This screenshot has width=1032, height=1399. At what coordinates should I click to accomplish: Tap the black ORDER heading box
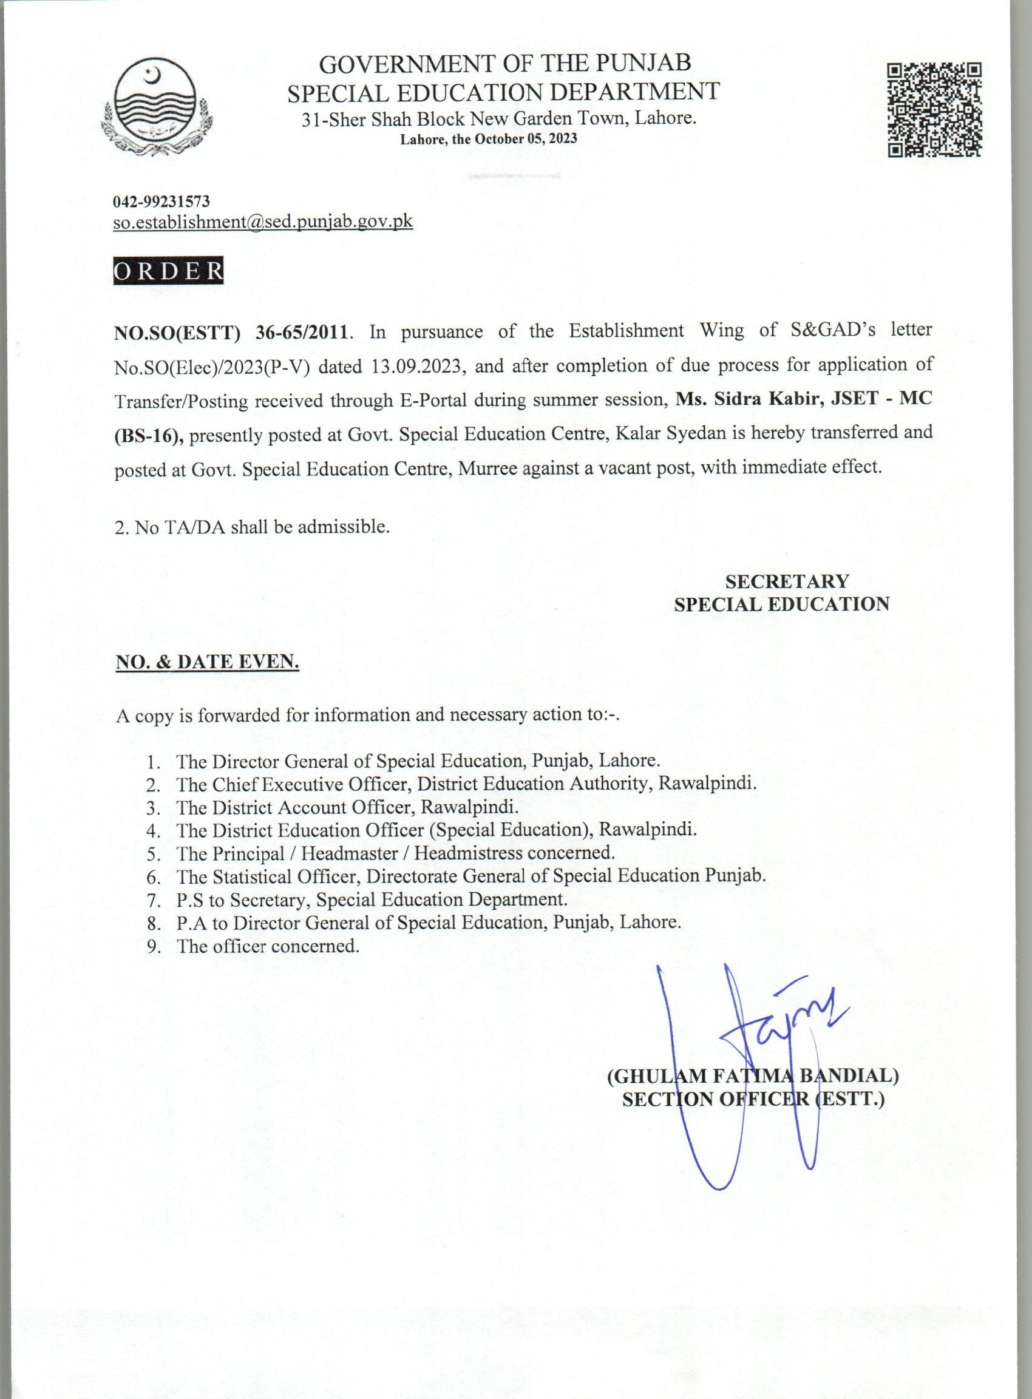pyautogui.click(x=168, y=271)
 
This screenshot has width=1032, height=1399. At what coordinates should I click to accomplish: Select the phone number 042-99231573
pyautogui.click(x=161, y=202)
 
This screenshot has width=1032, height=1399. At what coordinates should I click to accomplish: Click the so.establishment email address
pyautogui.click(x=263, y=222)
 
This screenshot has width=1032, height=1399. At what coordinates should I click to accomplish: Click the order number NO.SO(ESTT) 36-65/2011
pyautogui.click(x=230, y=331)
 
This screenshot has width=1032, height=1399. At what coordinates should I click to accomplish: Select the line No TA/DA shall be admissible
pyautogui.click(x=253, y=526)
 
